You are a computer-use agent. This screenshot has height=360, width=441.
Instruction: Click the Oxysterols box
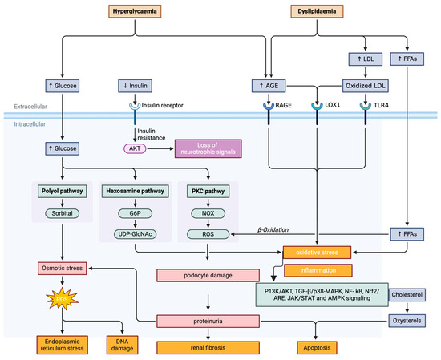click(x=407, y=320)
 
